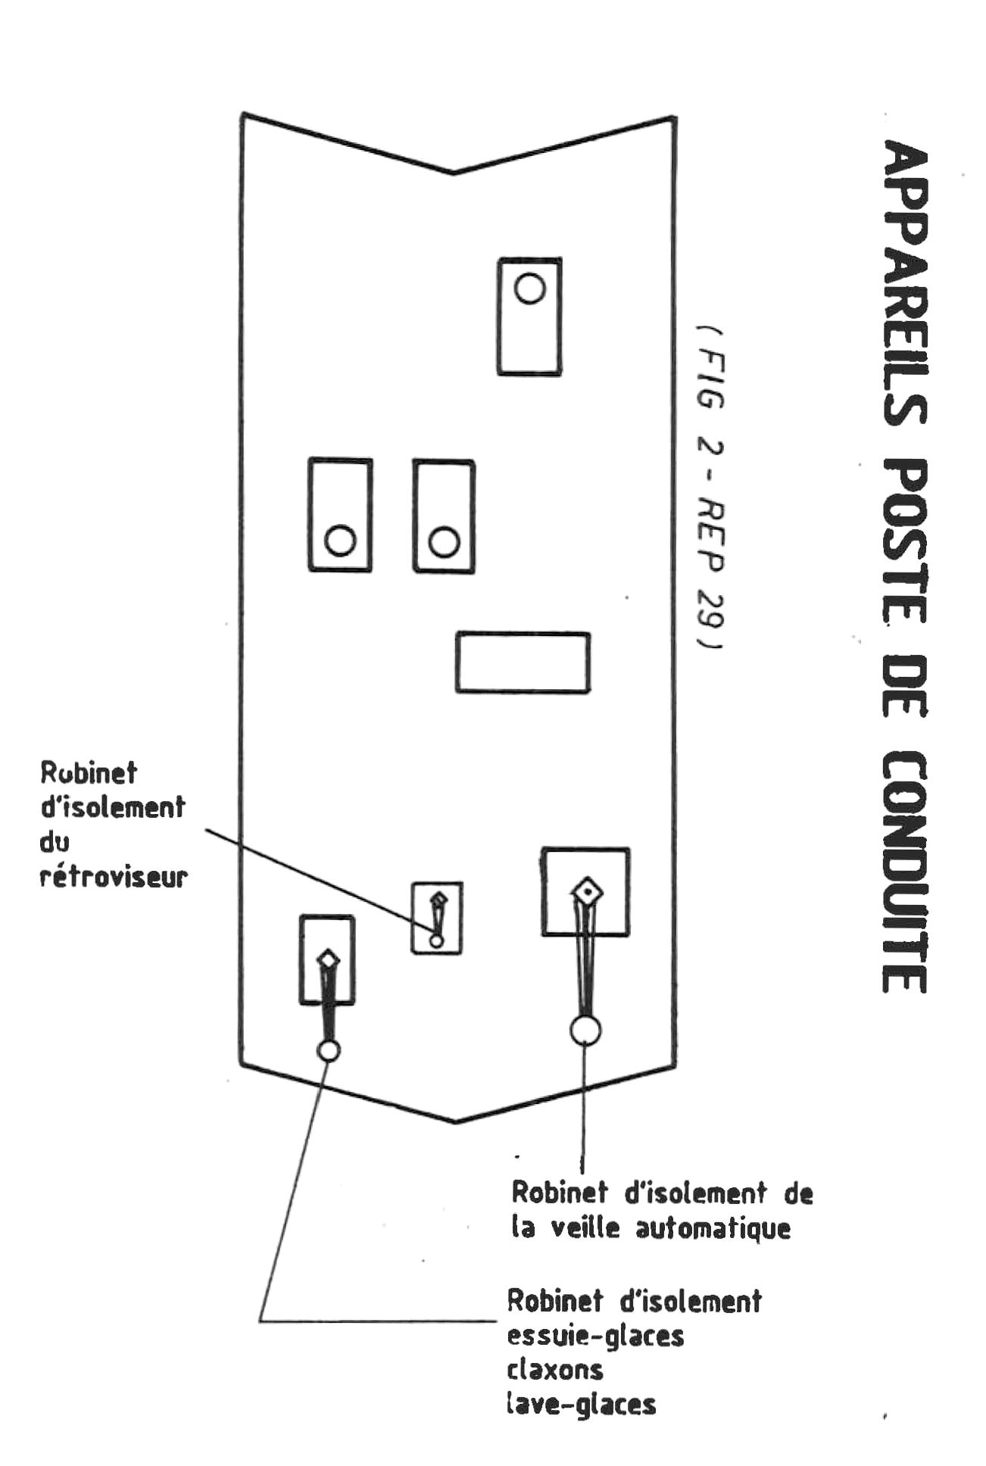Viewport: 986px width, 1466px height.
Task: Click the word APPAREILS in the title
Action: point(906,283)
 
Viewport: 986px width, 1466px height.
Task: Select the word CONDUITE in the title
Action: point(906,872)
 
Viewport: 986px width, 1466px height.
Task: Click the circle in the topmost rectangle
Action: point(529,289)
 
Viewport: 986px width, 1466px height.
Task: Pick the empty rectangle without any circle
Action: point(523,663)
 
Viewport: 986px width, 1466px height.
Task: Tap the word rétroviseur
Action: point(114,877)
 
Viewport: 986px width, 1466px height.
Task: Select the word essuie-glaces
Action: point(595,1336)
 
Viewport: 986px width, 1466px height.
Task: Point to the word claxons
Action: point(555,1370)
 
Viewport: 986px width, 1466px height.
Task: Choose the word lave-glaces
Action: point(581,1405)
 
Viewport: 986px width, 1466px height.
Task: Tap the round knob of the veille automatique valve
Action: point(585,1030)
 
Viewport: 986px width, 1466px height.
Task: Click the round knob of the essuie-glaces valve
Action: point(329,1050)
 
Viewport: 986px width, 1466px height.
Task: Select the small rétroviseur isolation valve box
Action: point(437,918)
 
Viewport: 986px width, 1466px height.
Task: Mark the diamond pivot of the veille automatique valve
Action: point(587,892)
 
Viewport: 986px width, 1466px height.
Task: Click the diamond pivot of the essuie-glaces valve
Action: point(328,959)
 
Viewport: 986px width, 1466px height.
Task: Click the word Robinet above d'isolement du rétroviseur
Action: point(89,773)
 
